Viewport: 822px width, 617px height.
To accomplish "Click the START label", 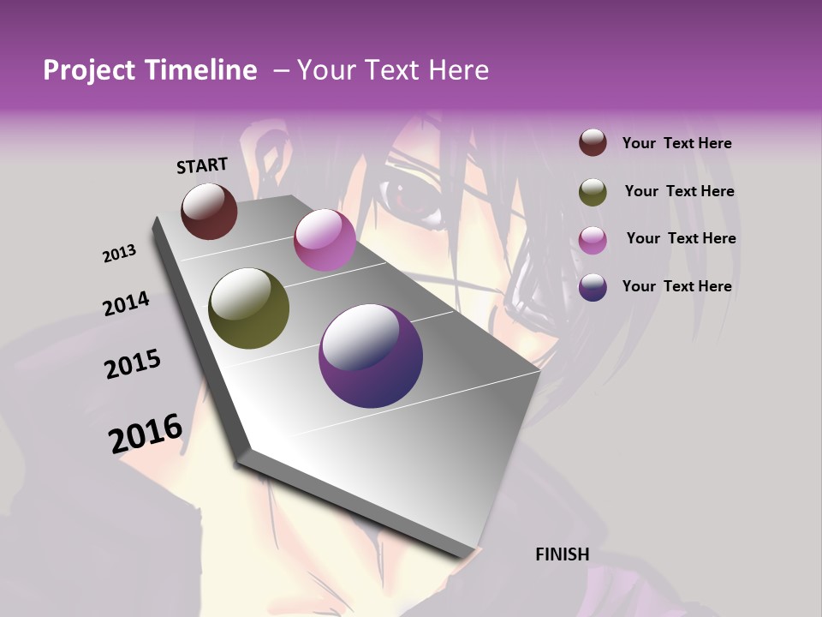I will coord(202,165).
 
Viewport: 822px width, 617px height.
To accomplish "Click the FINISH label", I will coord(563,554).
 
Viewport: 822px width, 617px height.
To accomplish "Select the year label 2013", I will coord(120,254).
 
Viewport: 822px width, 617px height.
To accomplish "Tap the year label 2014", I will coord(126,304).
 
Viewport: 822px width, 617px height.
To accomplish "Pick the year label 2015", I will coord(133,365).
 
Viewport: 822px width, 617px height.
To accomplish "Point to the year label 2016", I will coord(146,434).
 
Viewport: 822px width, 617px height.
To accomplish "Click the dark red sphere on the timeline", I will coord(209,211).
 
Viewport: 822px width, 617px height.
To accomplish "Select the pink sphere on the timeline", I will coord(325,240).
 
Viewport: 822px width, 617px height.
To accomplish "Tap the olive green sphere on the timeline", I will coord(248,308).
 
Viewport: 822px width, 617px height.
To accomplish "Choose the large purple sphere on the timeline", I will coord(371,356).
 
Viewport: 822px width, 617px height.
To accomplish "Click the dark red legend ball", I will coord(593,143).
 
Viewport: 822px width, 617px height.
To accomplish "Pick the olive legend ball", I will coord(593,192).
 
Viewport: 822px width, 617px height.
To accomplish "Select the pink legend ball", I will coord(593,240).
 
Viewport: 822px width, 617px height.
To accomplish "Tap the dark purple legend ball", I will coord(593,287).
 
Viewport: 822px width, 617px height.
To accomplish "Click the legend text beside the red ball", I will coord(677,143).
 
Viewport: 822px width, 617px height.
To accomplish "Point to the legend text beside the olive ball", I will coord(680,191).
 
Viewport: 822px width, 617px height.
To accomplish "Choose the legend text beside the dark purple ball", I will coord(677,286).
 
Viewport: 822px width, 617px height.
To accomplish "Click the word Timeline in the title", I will coord(202,70).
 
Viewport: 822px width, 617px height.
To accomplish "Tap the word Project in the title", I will coord(88,70).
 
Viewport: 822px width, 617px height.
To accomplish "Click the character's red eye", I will coord(409,198).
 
